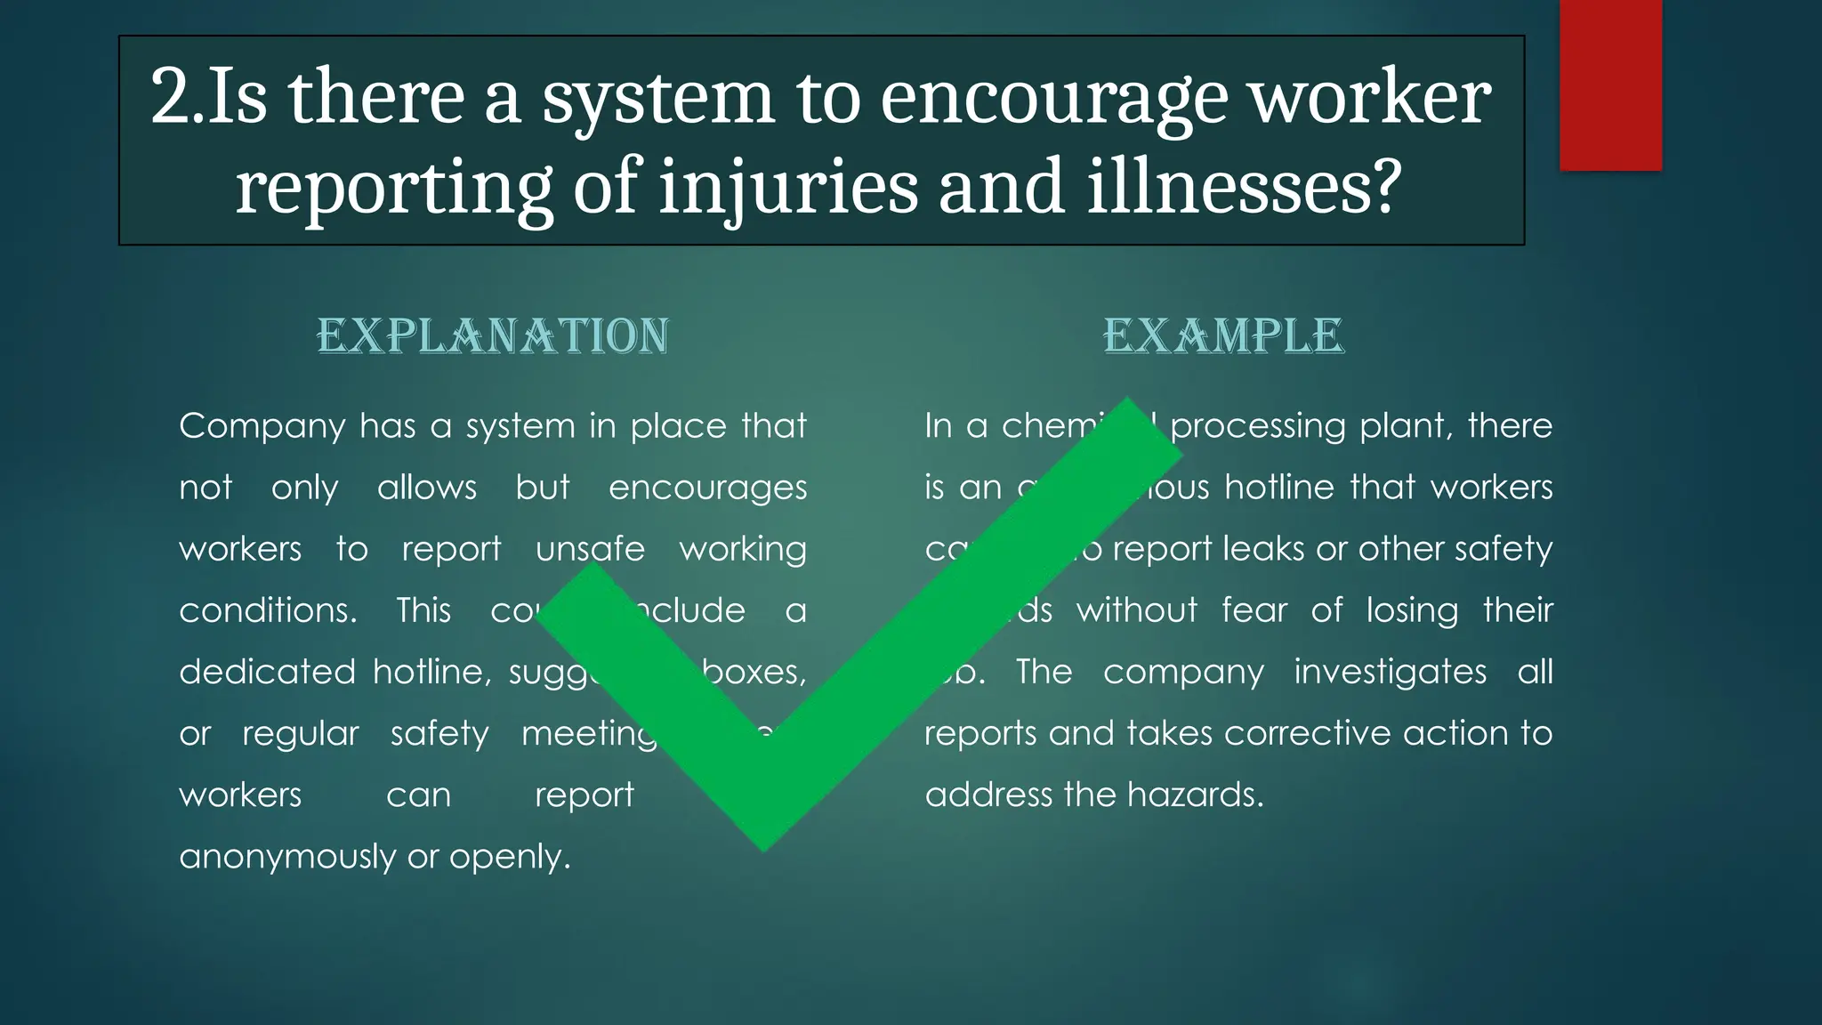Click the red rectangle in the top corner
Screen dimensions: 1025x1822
1610,85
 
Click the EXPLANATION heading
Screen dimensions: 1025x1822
493,336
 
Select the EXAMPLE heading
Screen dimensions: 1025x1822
1223,336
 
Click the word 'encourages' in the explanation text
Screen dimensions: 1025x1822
707,488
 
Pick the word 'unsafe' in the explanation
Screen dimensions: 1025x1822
590,549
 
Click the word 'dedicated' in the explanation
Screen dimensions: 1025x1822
267,672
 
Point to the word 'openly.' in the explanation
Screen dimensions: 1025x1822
510,857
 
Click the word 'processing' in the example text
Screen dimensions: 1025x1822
1257,427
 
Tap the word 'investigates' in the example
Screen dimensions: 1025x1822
1390,672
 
